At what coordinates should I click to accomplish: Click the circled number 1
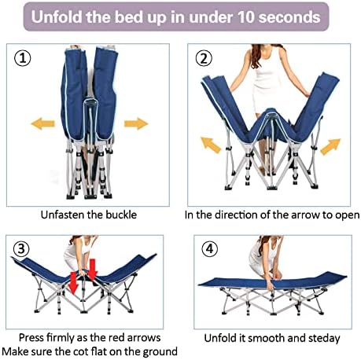point(22,58)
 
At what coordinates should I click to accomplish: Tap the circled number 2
point(204,58)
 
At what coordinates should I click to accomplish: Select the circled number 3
point(21,248)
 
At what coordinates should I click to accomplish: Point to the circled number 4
point(210,248)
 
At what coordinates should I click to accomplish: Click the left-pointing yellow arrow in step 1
point(42,123)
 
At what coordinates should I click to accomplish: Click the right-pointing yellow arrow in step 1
point(136,123)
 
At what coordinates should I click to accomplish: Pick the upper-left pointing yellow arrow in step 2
point(211,145)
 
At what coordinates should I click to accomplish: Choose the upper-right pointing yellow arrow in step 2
point(330,147)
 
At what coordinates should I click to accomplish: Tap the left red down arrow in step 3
point(73,283)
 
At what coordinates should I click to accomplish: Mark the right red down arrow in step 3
point(92,270)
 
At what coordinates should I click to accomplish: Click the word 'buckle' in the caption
point(121,215)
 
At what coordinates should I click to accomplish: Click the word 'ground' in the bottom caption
point(160,352)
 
